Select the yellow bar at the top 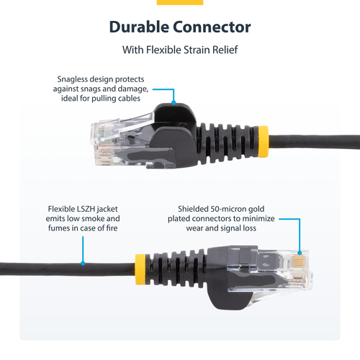pos(179,2)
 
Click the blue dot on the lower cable pos(84,263)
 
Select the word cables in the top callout pos(130,98)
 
